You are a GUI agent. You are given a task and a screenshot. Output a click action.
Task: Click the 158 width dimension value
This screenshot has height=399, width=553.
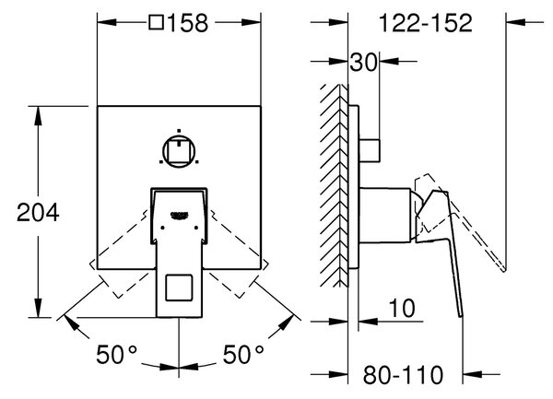pos(188,23)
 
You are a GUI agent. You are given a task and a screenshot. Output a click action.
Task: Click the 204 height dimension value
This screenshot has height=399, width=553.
pos(38,213)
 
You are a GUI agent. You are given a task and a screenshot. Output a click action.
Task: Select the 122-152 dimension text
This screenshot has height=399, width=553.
pos(425,23)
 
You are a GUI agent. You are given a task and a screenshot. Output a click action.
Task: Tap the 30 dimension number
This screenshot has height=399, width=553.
pos(363,63)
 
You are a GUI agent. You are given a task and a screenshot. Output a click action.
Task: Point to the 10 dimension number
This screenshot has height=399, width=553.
pos(402,308)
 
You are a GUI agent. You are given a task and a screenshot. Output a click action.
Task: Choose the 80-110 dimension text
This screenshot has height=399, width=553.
pos(403,374)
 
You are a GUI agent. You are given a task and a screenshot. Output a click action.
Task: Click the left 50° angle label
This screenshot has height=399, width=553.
pos(116,354)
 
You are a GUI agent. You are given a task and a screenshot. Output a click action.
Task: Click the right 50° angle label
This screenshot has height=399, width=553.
pos(243,354)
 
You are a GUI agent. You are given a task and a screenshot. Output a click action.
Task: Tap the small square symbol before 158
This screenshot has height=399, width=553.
pos(157,22)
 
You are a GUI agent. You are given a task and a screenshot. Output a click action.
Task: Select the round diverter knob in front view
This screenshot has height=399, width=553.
pos(179,151)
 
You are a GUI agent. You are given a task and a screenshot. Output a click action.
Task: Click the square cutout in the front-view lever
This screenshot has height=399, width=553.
pos(179,288)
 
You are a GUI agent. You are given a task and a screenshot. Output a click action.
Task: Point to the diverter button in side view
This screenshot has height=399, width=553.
pos(370,151)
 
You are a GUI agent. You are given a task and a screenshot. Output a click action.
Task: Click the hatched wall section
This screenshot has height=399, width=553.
pos(335,186)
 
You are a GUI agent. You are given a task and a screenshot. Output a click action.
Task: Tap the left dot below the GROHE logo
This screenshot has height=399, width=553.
pos(162,228)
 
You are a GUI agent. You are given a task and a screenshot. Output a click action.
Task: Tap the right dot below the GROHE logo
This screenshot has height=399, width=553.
pos(196,228)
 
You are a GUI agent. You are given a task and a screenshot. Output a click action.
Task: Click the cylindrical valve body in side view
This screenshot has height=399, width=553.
pos(384,216)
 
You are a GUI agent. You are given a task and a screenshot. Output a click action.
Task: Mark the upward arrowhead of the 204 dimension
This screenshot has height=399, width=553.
pos(39,115)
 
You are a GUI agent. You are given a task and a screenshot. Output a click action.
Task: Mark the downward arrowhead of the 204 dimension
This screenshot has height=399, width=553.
pos(39,308)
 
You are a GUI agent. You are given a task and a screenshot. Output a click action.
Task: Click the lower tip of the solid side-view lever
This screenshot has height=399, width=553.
pos(461,317)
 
